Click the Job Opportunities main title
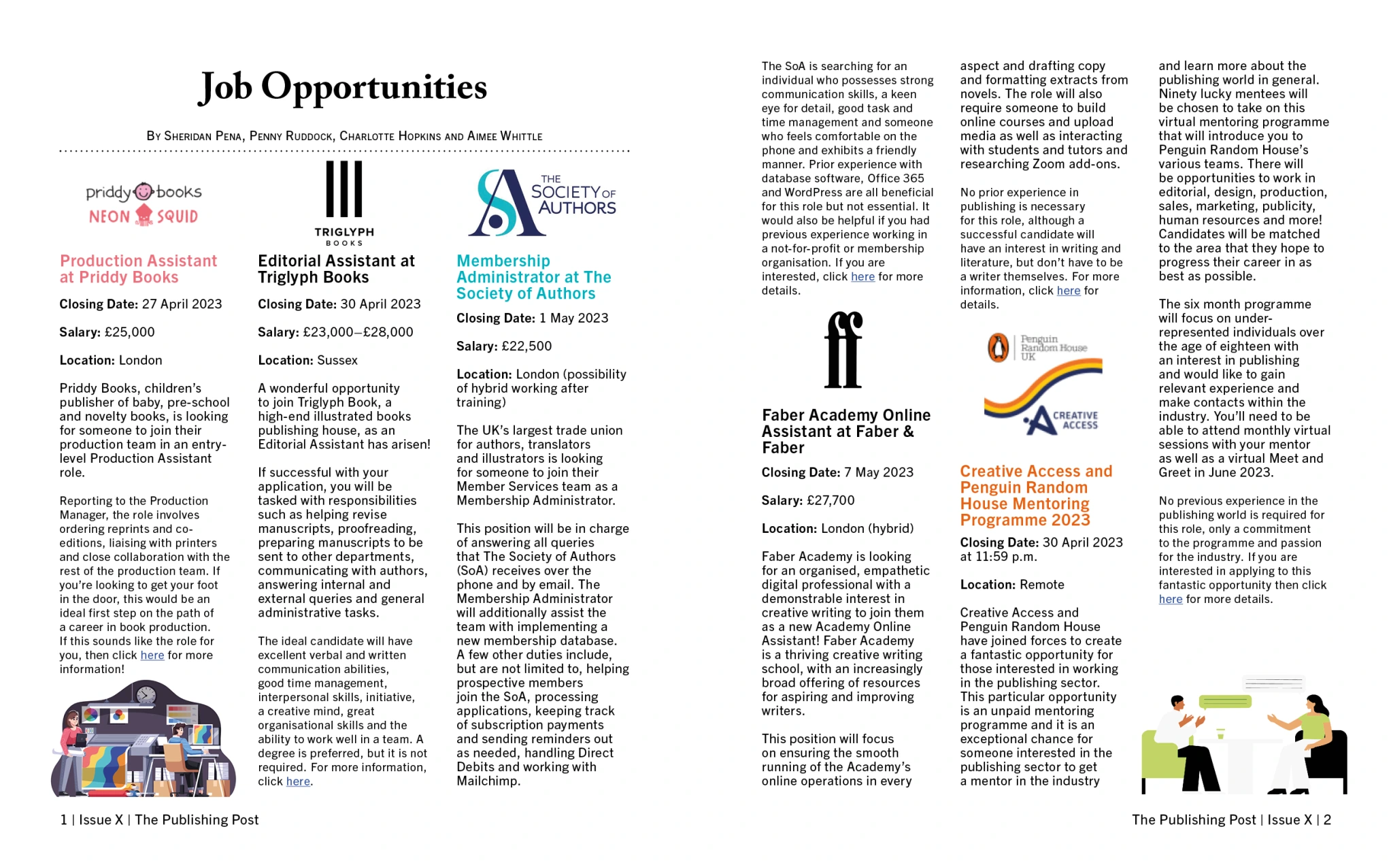coord(343,87)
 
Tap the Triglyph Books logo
coord(344,202)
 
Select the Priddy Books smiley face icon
coord(144,192)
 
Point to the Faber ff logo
coord(843,350)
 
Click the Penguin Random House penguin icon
coord(998,347)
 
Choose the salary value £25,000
coord(129,332)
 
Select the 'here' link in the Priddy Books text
coord(152,655)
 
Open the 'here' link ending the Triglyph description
coord(298,781)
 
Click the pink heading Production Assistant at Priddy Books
coord(138,269)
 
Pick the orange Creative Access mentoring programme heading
coord(1035,496)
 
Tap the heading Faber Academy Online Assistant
coord(845,431)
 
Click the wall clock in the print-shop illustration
coord(146,694)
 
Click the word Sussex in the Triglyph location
coord(337,360)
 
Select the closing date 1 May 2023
coord(573,318)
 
